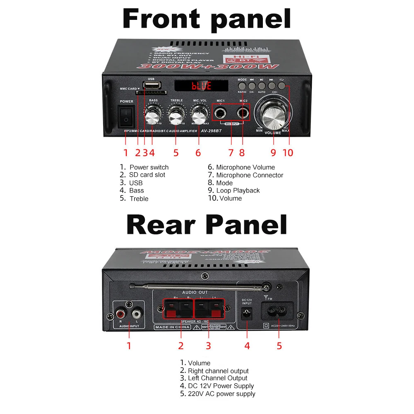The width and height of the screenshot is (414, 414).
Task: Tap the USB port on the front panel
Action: click(x=150, y=85)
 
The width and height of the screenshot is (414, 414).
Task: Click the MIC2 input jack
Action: click(x=243, y=112)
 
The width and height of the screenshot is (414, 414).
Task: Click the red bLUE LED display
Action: click(x=201, y=86)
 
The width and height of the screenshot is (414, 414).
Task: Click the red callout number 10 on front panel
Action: click(x=288, y=153)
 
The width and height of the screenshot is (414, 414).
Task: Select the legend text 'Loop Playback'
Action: click(x=238, y=190)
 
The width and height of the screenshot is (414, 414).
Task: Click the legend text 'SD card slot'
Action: click(x=147, y=175)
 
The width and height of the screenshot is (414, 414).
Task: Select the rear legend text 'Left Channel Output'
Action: click(x=217, y=378)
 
